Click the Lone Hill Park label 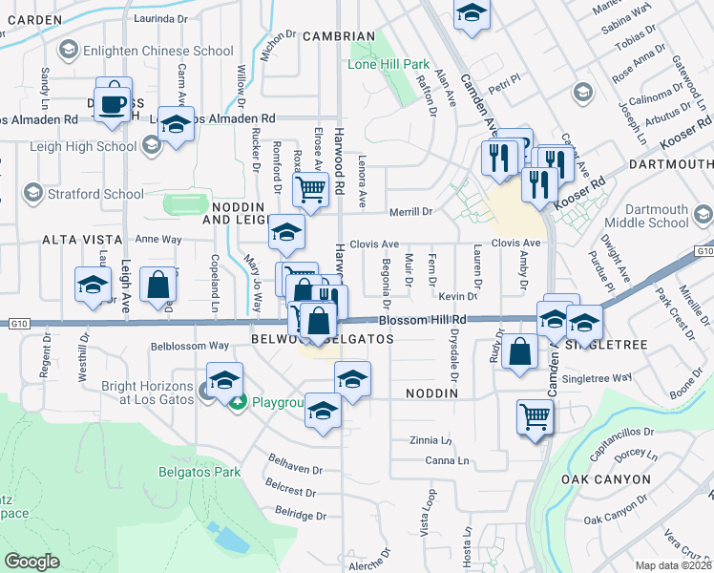point(388,64)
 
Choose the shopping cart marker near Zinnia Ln point(535,416)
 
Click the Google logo point(31,562)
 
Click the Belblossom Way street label point(189,346)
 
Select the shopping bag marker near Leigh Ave point(157,285)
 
